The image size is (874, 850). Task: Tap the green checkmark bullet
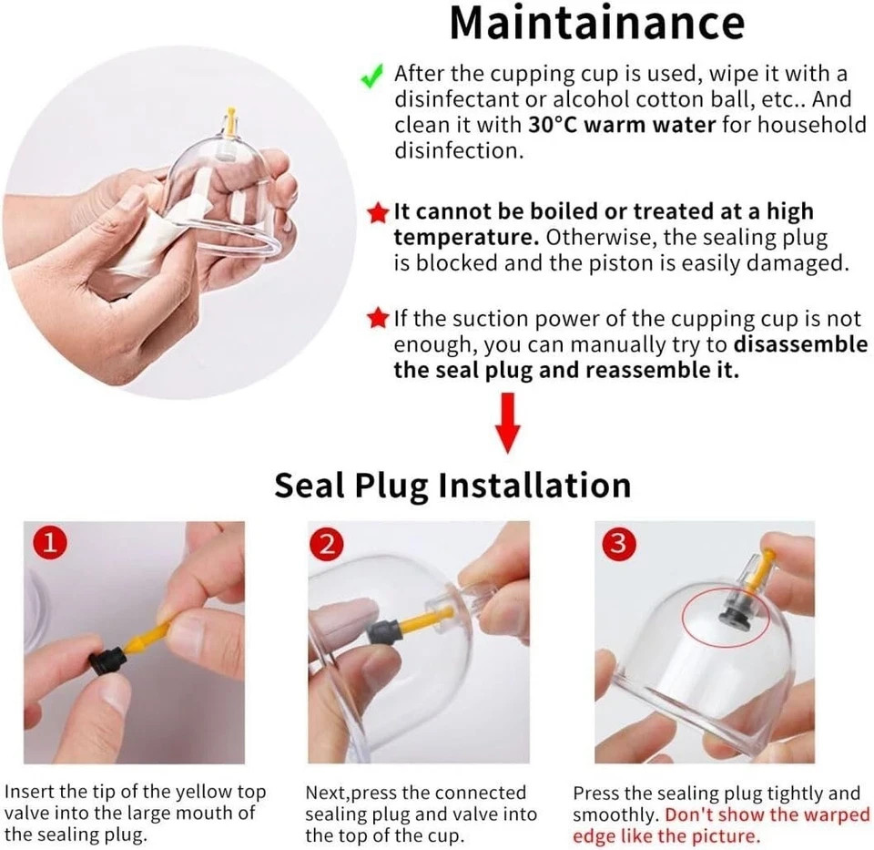(x=371, y=76)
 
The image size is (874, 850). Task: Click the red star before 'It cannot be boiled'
(x=378, y=212)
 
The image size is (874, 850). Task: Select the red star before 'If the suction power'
(x=378, y=319)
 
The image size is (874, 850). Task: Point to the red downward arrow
(x=507, y=423)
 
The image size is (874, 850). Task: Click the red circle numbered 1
(x=50, y=543)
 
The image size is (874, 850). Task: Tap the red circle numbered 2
(x=327, y=544)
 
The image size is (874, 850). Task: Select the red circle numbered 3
(x=619, y=543)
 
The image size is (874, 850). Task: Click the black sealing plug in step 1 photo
(x=107, y=661)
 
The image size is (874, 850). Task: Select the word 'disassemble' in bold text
(x=800, y=344)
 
